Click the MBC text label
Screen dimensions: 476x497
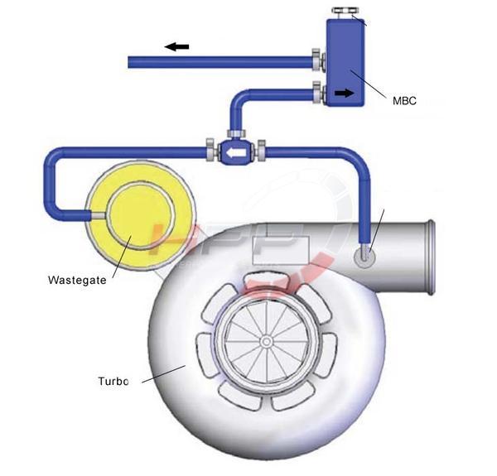coord(404,101)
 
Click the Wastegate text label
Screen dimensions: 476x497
coord(77,280)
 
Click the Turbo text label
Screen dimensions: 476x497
coord(113,382)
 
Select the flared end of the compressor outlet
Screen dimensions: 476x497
coord(429,257)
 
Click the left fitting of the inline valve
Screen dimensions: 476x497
coord(210,151)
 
